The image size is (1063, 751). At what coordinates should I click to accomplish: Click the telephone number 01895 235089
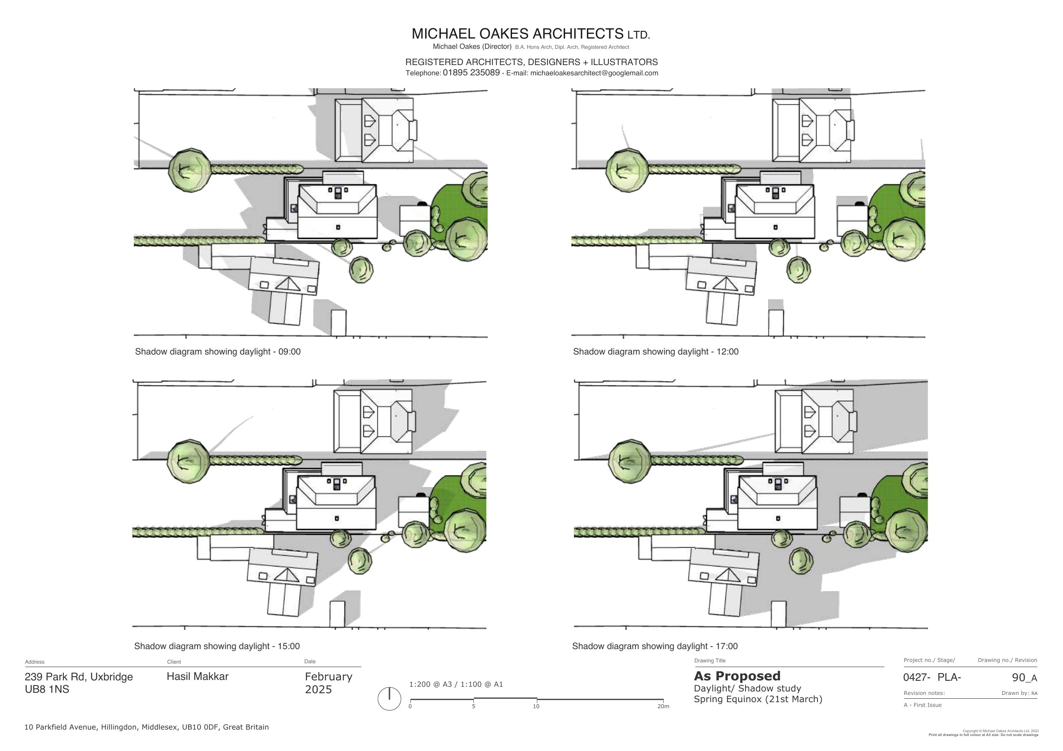click(x=471, y=73)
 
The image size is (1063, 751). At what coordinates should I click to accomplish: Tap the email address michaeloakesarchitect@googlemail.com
click(x=594, y=73)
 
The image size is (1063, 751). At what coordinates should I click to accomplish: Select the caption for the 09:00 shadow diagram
click(x=218, y=352)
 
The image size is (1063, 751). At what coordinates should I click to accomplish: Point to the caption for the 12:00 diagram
click(x=656, y=352)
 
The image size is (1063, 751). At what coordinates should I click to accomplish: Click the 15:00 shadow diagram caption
click(x=217, y=647)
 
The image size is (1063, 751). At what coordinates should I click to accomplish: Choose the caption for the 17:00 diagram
click(x=655, y=647)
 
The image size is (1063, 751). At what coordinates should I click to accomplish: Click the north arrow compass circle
click(x=389, y=699)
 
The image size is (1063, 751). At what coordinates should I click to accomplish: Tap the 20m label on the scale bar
click(x=663, y=706)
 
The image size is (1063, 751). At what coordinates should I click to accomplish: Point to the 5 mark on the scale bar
click(x=473, y=706)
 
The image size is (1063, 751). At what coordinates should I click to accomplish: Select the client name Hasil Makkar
click(x=198, y=676)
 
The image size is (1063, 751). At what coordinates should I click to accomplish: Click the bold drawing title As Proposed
click(x=737, y=676)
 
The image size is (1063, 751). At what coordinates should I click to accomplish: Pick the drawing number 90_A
click(x=1024, y=678)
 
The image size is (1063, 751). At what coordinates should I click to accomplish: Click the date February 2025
click(x=328, y=683)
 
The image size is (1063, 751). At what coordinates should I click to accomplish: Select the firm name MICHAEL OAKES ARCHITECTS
click(x=517, y=34)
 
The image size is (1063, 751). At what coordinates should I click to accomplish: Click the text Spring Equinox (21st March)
click(x=758, y=699)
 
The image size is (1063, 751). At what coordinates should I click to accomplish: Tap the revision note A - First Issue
click(x=922, y=705)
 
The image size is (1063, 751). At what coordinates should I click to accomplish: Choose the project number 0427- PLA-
click(x=931, y=677)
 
